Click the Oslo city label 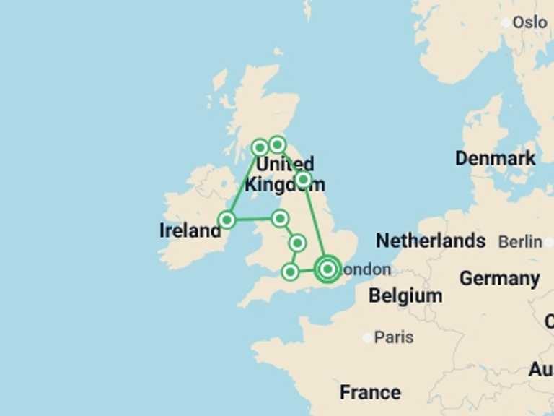529,22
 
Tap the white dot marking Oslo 506,22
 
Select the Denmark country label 495,158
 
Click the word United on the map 285,164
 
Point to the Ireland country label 189,231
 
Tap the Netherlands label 431,240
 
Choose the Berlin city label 520,241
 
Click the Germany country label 499,278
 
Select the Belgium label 405,295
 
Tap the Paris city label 395,337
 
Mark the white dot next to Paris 369,337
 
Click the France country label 370,392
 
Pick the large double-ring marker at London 327,269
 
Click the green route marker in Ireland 227,220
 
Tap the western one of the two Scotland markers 260,148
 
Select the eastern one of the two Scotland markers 277,145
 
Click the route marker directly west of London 290,272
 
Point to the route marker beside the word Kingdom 304,178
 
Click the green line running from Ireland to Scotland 243,184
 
